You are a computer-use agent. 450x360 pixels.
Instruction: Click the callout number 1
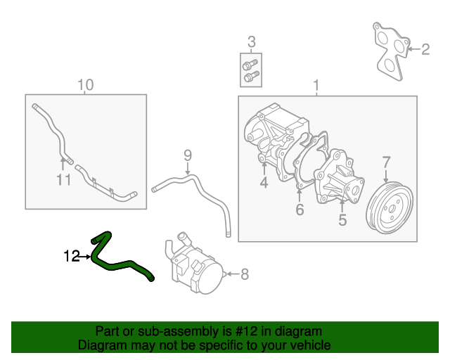316,86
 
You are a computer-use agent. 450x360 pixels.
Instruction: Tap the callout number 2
425,49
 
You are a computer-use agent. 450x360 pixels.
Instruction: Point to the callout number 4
264,184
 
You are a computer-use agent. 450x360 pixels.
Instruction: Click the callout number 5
342,220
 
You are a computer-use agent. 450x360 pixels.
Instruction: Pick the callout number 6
299,210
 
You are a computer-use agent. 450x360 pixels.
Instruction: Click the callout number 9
188,155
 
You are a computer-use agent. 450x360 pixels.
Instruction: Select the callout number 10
84,85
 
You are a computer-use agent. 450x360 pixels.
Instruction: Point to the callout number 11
64,180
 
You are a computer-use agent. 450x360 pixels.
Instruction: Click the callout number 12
72,257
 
